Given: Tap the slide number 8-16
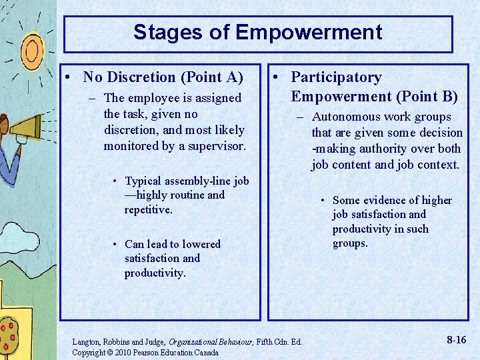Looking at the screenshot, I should pos(456,340).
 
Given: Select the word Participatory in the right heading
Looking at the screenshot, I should pos(336,77).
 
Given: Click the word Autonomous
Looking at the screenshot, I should pos(343,117).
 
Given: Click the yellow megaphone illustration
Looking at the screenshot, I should pos(29,126).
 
